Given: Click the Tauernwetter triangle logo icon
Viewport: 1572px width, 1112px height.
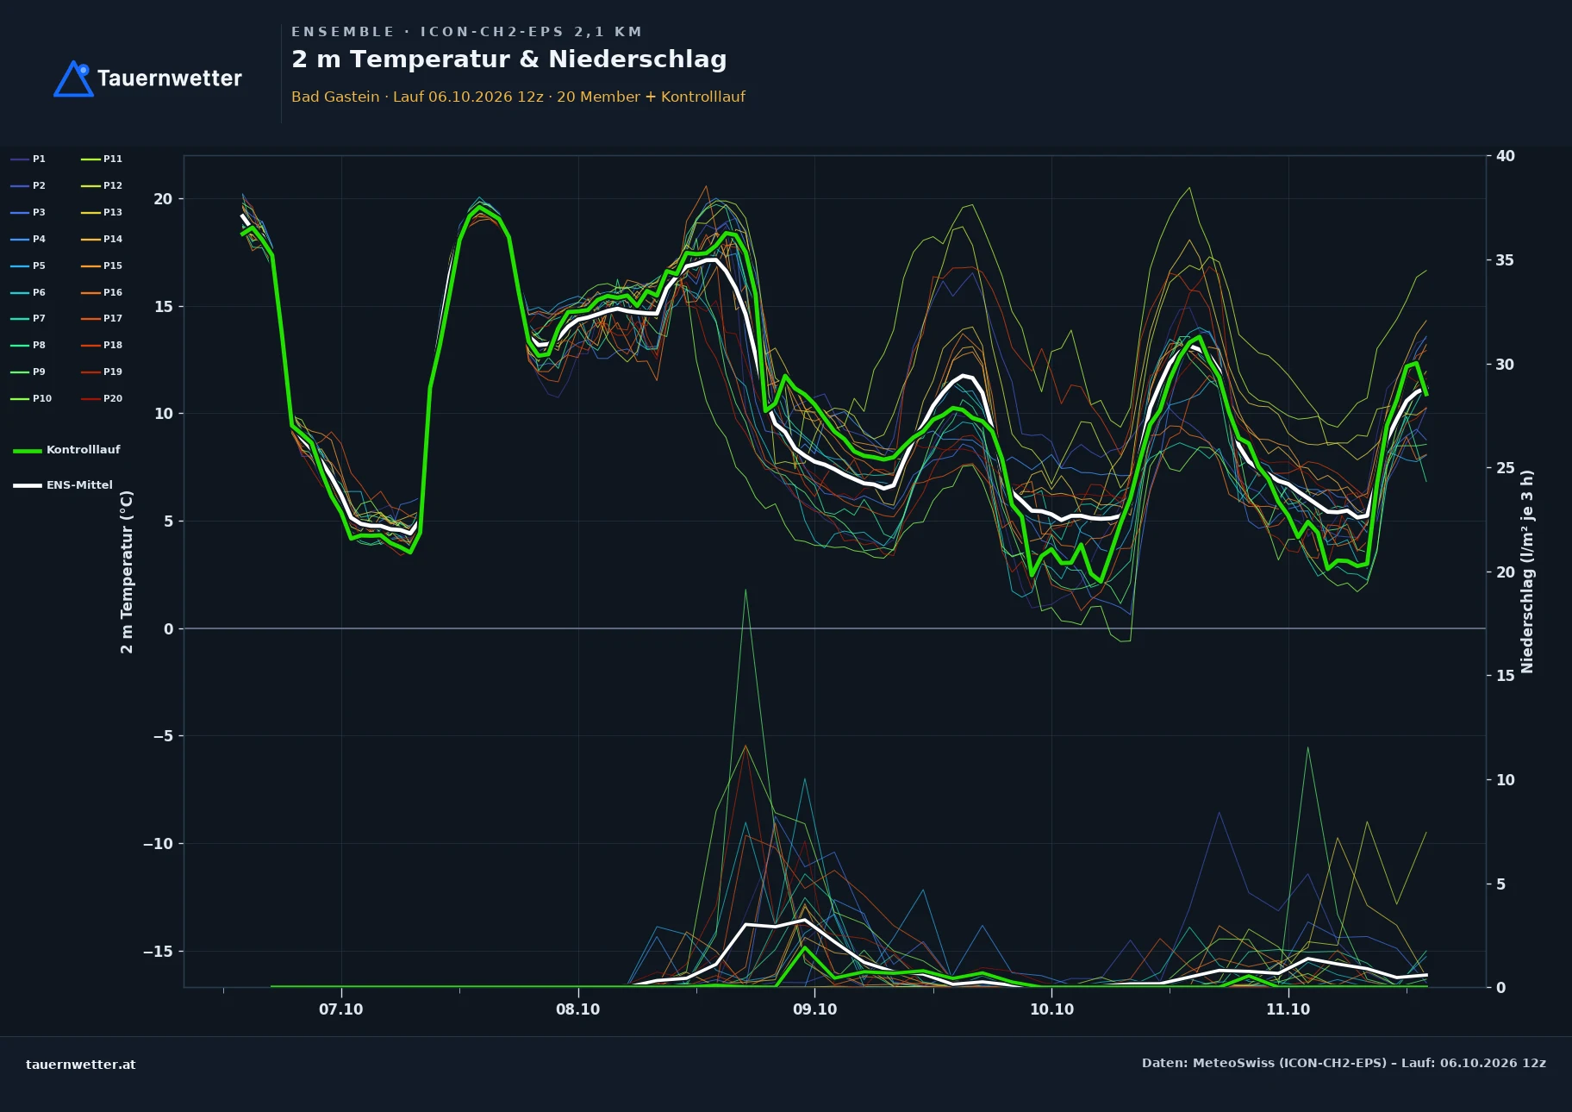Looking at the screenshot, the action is point(73,78).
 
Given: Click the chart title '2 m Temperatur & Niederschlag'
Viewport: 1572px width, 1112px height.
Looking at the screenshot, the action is point(508,59).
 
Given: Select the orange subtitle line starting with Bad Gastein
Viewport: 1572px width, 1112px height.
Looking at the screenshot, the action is point(518,97).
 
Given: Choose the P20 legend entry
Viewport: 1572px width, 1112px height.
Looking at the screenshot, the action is point(102,398).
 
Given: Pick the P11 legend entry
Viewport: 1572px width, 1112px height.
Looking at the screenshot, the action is point(102,159).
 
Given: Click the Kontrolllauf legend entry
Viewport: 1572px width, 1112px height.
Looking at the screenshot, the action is point(66,450).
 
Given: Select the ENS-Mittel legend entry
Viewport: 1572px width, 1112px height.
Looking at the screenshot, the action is point(63,485).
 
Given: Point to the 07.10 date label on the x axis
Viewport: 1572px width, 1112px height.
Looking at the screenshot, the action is point(341,1009).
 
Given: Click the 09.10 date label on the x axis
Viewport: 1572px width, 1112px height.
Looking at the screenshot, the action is point(814,1009).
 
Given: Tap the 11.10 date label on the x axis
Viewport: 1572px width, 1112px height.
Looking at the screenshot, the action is point(1288,1009).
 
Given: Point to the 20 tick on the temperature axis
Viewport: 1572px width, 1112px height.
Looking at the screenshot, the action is point(163,199).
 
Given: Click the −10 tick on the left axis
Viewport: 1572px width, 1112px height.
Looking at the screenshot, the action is point(158,844).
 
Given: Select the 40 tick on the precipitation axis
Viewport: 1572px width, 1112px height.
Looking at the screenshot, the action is point(1506,156).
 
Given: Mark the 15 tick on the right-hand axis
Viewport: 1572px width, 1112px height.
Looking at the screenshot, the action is point(1506,676).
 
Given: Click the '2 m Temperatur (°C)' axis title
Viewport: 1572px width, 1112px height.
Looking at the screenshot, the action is point(127,572).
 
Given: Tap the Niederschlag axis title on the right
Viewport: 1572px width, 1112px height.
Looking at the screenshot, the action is point(1527,572).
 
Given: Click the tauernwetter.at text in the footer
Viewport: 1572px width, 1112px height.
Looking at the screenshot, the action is point(81,1065).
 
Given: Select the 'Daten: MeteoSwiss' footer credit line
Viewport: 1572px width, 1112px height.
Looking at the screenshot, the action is point(1344,1063).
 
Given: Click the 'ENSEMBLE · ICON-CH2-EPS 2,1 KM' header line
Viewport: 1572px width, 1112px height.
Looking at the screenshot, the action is point(466,32).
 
